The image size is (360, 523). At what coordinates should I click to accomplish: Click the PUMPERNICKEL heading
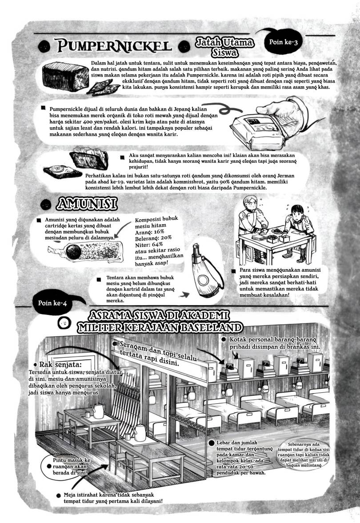tap(111, 46)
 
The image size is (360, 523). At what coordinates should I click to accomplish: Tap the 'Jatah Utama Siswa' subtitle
tap(224, 46)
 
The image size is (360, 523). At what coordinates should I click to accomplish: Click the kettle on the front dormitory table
tap(141, 430)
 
